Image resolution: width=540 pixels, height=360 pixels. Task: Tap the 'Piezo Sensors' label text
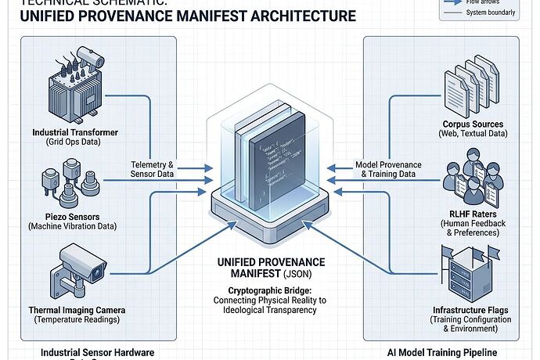[71, 216]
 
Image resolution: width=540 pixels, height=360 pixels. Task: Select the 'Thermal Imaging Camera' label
[77, 310]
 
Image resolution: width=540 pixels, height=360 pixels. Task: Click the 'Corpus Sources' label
[473, 124]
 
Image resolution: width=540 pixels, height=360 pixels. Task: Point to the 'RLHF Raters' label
[473, 213]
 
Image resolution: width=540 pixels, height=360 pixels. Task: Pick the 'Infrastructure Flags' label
[470, 310]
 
